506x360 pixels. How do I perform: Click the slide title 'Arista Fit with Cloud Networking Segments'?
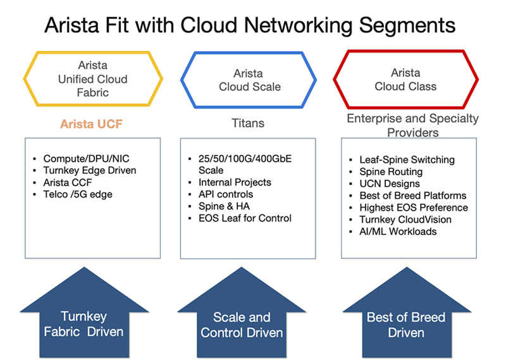tap(250, 25)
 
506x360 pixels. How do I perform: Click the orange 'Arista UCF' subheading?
tap(91, 124)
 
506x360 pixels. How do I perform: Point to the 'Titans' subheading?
tap(248, 123)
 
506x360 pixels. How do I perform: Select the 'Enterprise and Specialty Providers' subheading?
tap(413, 125)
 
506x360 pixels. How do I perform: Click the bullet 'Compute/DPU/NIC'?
tap(86, 159)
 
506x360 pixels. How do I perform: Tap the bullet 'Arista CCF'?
tap(68, 182)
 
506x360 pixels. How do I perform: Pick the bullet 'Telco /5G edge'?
tap(78, 194)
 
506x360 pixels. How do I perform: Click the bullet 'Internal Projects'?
tap(235, 182)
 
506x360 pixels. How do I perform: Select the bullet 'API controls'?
tap(226, 194)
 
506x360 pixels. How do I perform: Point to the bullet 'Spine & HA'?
tap(224, 206)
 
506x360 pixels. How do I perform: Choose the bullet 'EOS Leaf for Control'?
tap(245, 218)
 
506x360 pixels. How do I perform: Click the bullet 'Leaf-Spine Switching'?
tap(407, 160)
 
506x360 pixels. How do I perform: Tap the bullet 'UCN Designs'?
tap(390, 183)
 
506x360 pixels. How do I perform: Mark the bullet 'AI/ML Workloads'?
tap(398, 232)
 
